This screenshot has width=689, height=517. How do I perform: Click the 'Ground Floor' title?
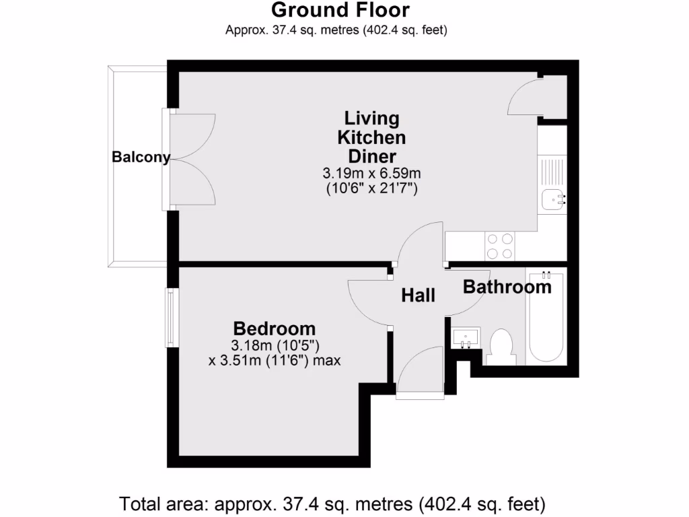pos(340,10)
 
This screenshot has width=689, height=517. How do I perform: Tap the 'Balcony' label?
pos(141,157)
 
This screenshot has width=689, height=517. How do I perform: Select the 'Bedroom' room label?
pos(274,329)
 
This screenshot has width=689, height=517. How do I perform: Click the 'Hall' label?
pos(419,295)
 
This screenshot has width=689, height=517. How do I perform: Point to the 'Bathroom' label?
pos(507,287)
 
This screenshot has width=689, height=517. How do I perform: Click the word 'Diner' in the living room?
pos(371,156)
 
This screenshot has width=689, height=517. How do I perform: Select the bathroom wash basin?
pos(465,337)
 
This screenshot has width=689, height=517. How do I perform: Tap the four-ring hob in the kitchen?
pos(499,246)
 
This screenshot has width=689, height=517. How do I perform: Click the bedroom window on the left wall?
pos(171,318)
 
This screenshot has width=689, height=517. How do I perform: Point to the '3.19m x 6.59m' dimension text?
pos(371,174)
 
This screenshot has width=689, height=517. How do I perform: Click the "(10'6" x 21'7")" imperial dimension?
pos(371,188)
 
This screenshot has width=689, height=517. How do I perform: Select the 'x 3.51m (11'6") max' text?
pos(275,360)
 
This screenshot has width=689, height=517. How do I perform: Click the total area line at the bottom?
pos(332,503)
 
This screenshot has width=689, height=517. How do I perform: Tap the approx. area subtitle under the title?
pos(336,30)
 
